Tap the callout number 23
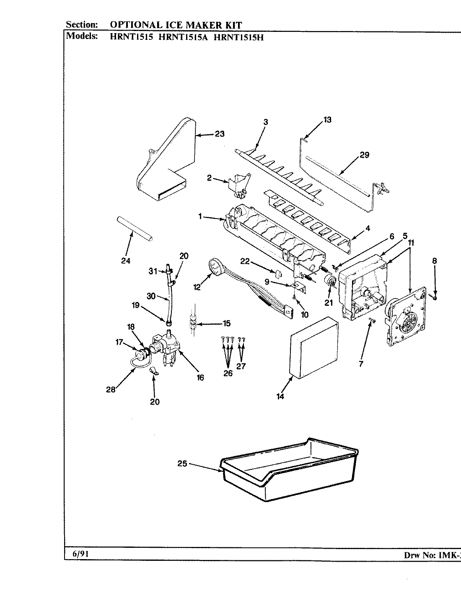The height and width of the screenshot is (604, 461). pos(220,134)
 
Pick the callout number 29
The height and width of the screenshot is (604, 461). pos(364,155)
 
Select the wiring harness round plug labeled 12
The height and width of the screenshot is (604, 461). pos(215,265)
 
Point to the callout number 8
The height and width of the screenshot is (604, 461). pos(434,260)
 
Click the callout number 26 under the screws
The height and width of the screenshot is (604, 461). pos(228,373)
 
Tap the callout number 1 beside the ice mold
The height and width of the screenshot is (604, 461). pos(200,216)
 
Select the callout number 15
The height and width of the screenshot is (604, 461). pos(226,323)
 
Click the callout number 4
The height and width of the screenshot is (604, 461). pos(368,229)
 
